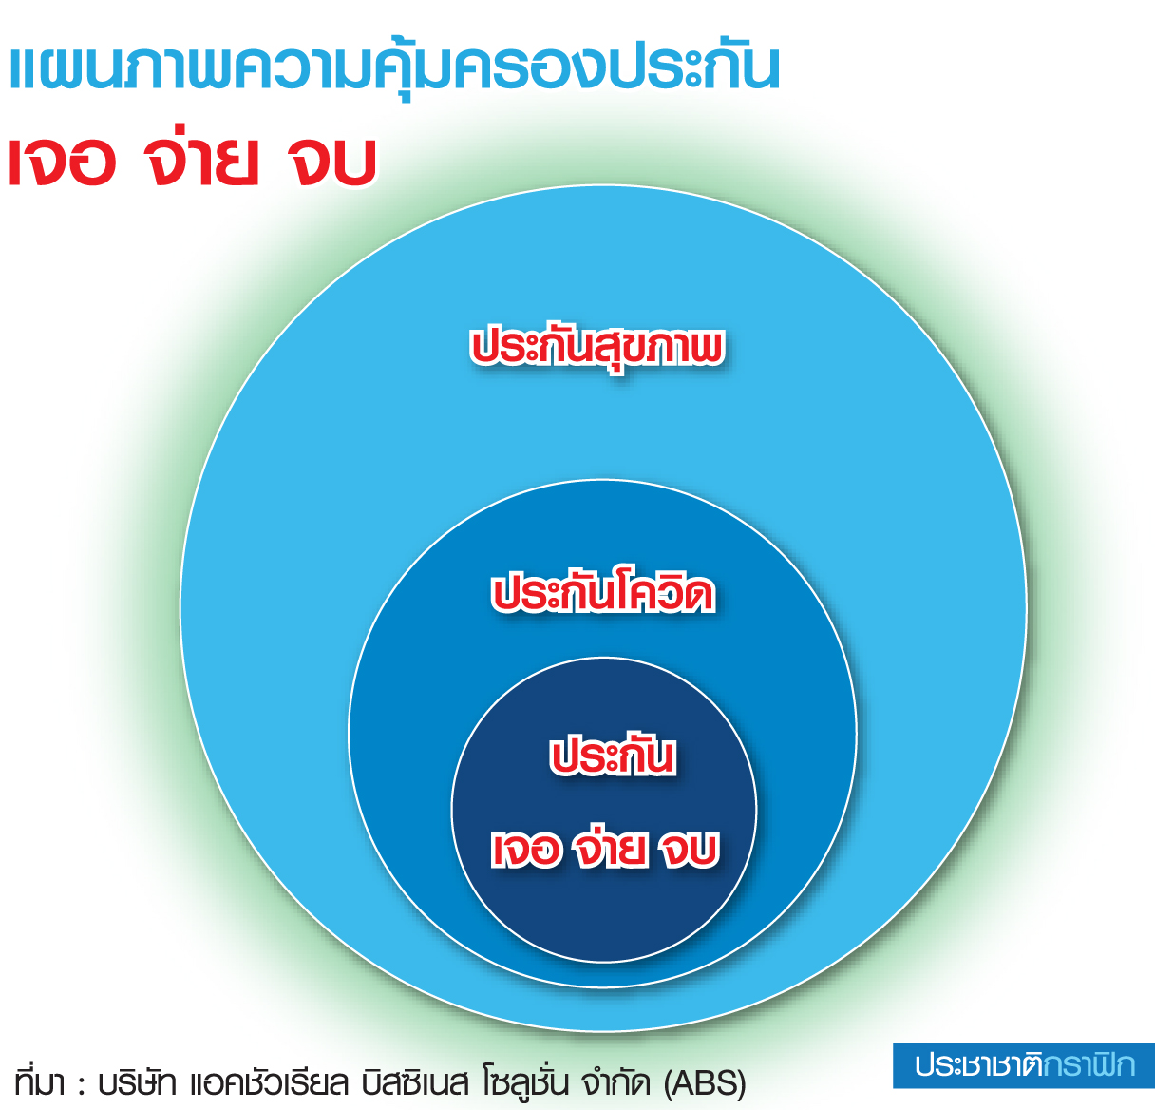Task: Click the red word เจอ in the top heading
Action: click(63, 161)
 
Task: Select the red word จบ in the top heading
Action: click(331, 161)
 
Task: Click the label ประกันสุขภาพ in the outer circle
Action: click(597, 348)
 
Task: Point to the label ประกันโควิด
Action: click(603, 591)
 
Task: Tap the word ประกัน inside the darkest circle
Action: click(613, 756)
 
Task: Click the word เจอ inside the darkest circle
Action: click(526, 850)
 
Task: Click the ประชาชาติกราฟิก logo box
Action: click(1024, 1065)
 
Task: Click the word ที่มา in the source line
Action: click(39, 1081)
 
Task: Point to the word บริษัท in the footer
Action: click(138, 1081)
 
